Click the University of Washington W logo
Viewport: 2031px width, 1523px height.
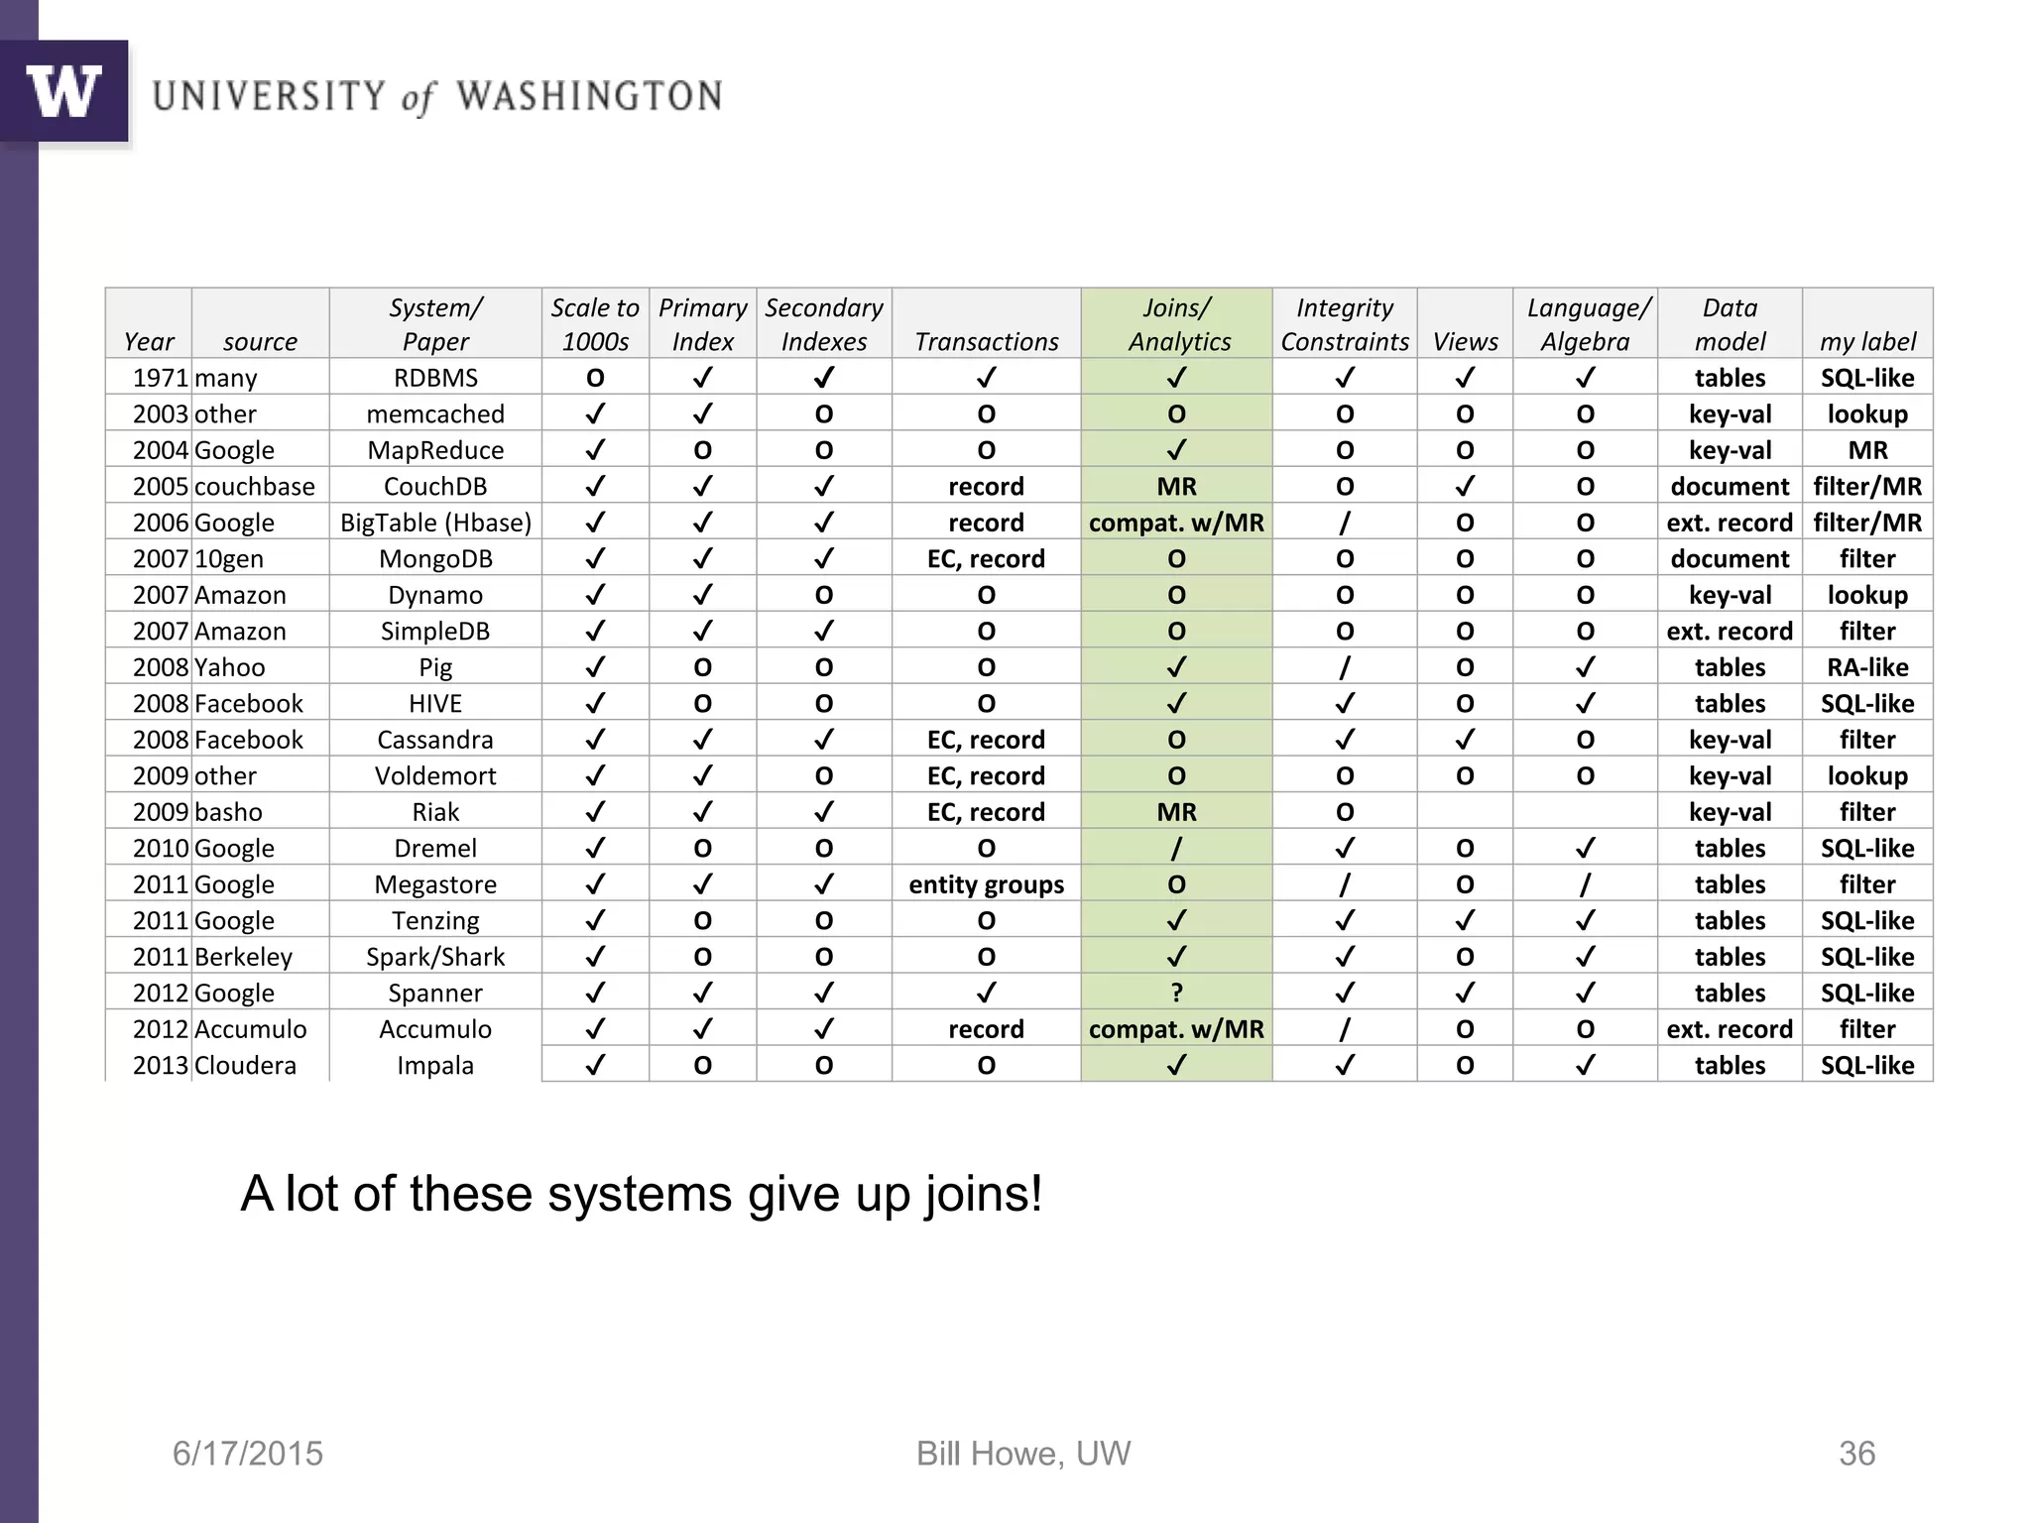coord(64,91)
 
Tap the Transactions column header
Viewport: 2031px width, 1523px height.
coord(986,341)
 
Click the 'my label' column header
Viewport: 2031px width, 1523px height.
coord(1867,341)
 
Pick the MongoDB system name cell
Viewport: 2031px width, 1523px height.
coord(435,559)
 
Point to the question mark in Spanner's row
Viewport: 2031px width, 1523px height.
coord(1176,993)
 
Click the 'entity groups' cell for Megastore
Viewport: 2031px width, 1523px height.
coord(986,884)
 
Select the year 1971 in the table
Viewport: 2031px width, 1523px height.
coord(160,378)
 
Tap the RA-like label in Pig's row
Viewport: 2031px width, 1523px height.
coord(1867,667)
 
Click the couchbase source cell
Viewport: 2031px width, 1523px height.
coord(254,487)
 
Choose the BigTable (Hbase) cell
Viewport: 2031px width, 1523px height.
coord(435,523)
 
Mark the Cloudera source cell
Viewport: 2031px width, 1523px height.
coord(245,1066)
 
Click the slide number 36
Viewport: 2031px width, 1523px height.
coord(1856,1454)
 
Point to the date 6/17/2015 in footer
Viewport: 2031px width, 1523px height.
coord(248,1454)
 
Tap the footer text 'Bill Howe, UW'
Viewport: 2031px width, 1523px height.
coord(1022,1454)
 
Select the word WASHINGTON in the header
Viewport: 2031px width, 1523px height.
coord(589,97)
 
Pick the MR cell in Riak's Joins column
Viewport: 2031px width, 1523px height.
coord(1176,812)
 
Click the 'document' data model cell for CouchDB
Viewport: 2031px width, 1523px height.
coord(1730,487)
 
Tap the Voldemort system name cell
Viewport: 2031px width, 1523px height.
coord(435,776)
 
